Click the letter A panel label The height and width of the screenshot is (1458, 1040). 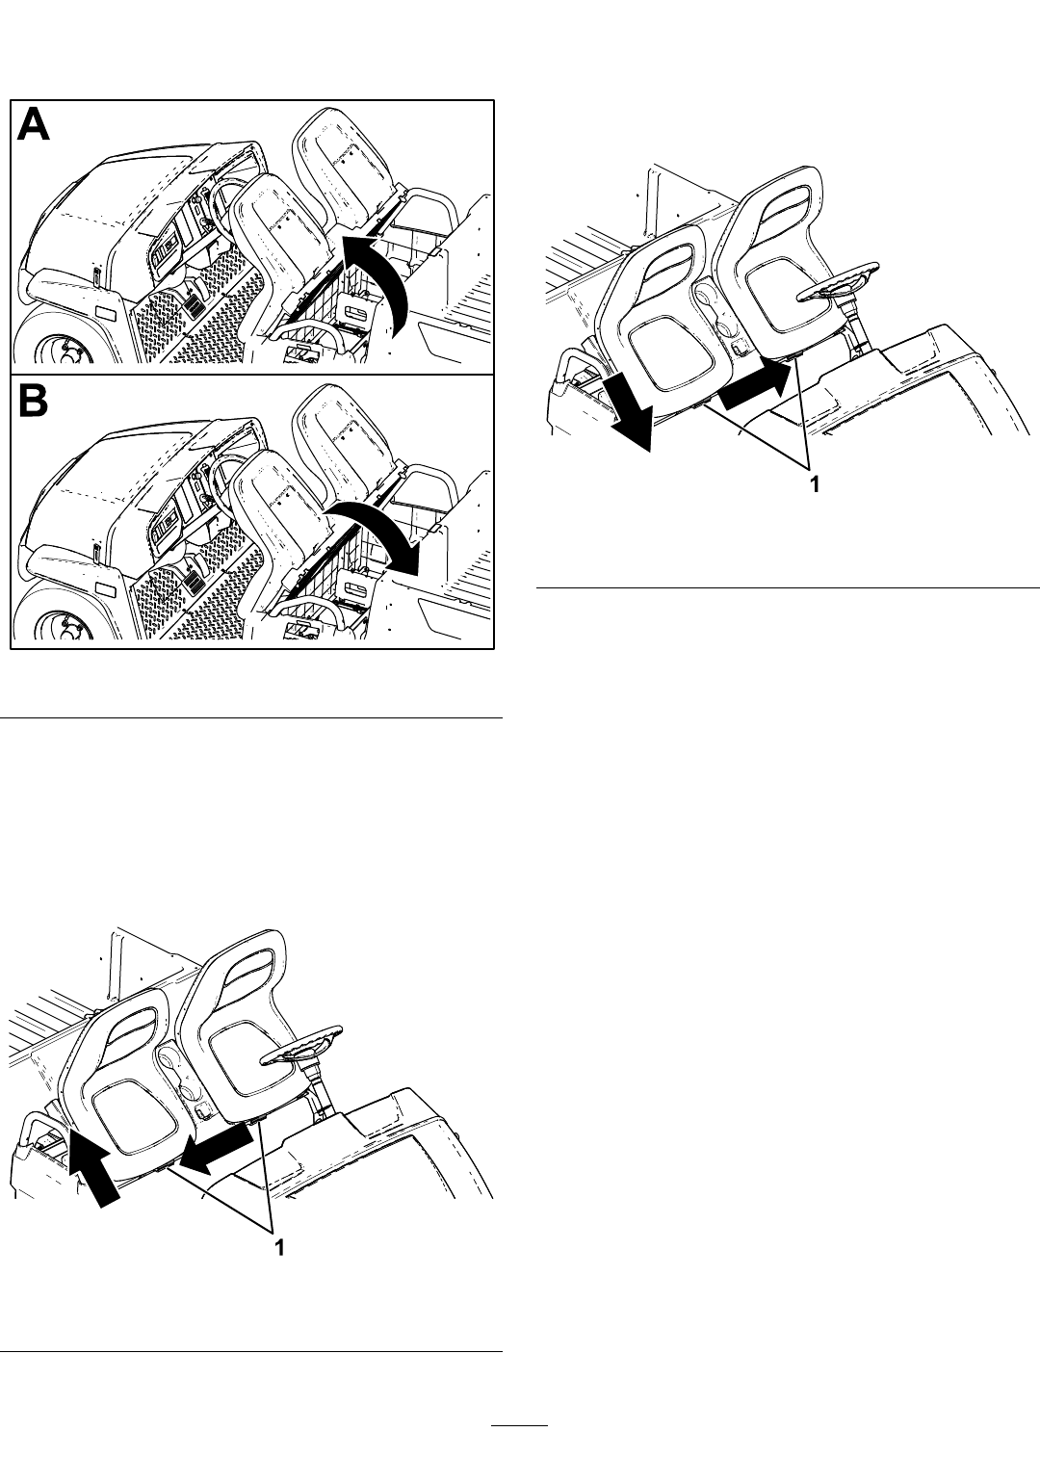tap(33, 125)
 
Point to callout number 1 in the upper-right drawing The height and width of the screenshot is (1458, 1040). tap(814, 484)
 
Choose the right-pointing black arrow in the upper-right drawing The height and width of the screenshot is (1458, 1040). tap(759, 388)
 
